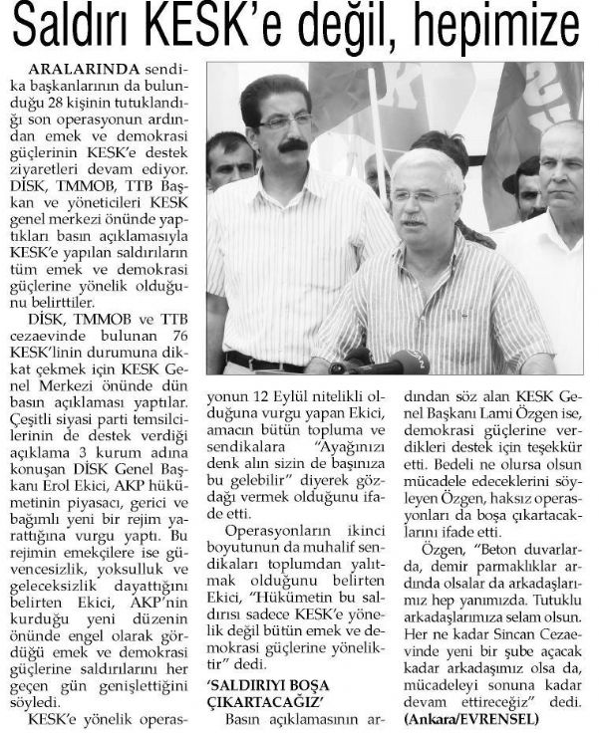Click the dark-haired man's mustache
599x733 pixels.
coord(290,146)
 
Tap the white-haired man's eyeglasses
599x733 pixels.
coord(422,197)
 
